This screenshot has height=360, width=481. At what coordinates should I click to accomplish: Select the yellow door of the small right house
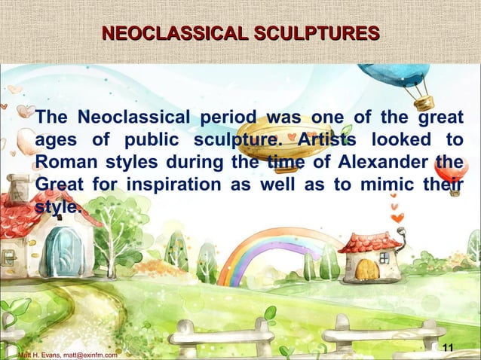[366, 269]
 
